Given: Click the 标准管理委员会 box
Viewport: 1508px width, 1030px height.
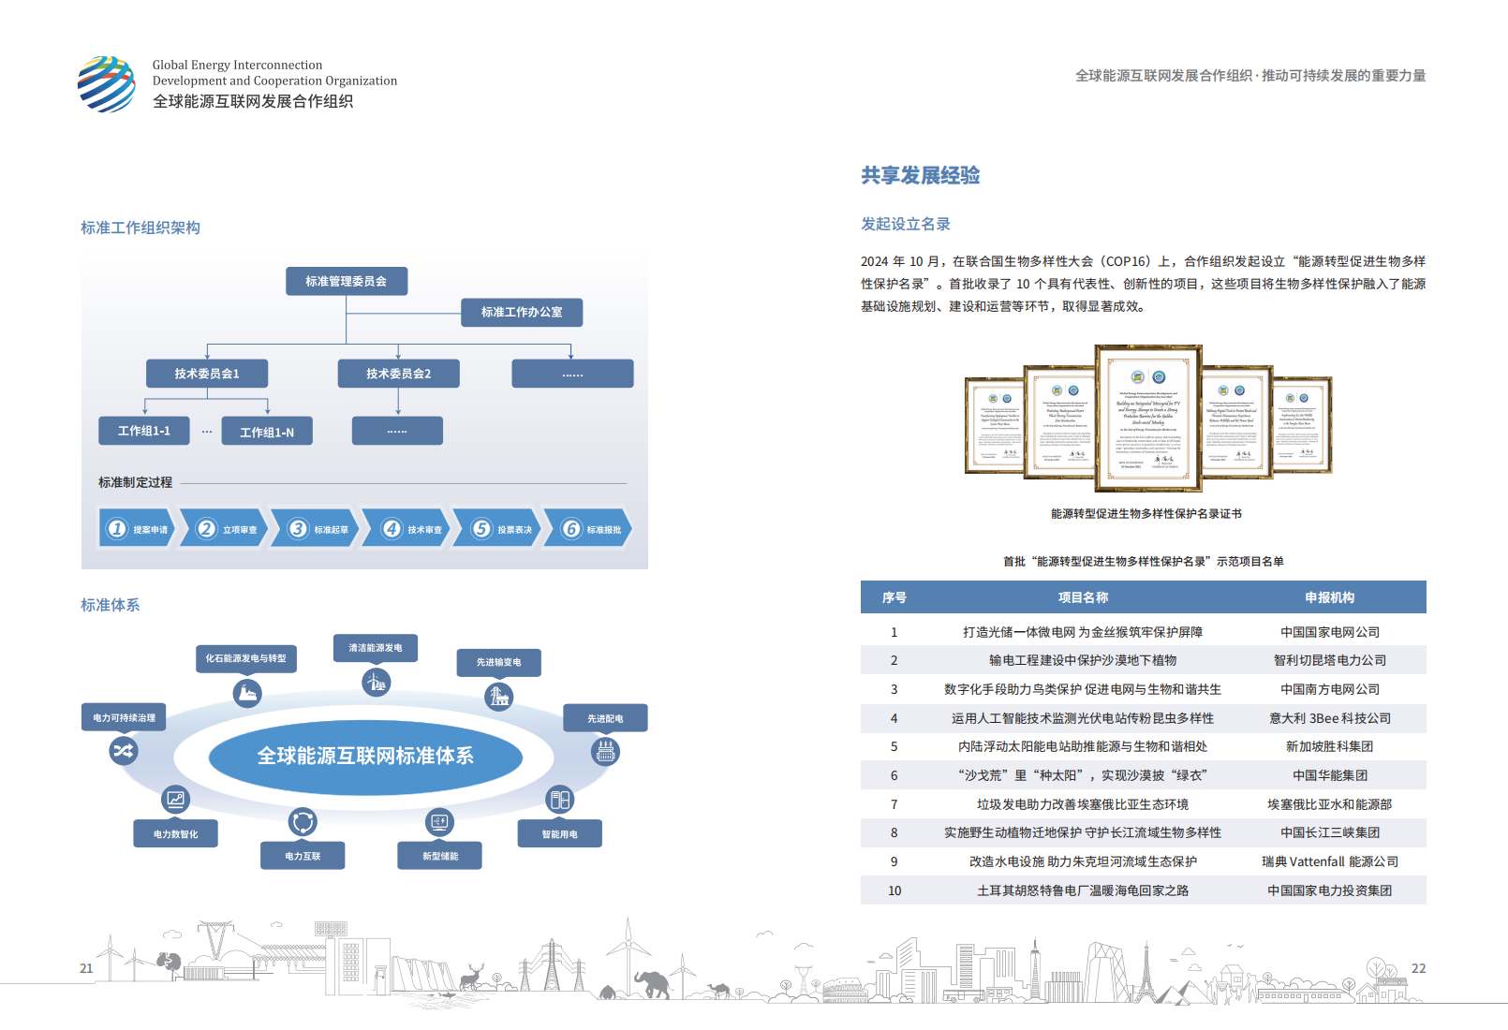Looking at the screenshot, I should point(347,281).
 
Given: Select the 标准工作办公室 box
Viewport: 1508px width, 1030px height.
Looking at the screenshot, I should point(522,313).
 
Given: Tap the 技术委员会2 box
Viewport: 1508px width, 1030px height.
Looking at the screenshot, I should point(399,374).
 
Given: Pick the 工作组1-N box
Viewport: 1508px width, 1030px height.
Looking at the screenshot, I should point(267,432).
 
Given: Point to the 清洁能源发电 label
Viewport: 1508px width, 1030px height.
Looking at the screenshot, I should point(376,648).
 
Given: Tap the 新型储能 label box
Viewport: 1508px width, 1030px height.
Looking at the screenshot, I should point(440,856).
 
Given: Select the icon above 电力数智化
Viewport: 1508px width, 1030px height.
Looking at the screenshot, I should point(175,799).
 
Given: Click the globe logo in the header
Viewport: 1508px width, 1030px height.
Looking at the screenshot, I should point(107,84).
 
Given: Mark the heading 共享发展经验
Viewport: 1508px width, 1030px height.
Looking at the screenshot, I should point(921,176).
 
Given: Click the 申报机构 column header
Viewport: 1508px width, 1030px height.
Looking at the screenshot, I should point(1330,597).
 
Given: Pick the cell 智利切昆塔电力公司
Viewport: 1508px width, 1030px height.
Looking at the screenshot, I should point(1330,660).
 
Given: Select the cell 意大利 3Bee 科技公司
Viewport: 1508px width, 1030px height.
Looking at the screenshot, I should point(1330,718).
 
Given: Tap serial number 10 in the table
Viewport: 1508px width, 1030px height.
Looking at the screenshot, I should point(894,890).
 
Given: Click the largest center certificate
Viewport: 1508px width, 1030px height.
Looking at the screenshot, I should point(1148,419).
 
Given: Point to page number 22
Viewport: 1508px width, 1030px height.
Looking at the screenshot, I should point(1418,968).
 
